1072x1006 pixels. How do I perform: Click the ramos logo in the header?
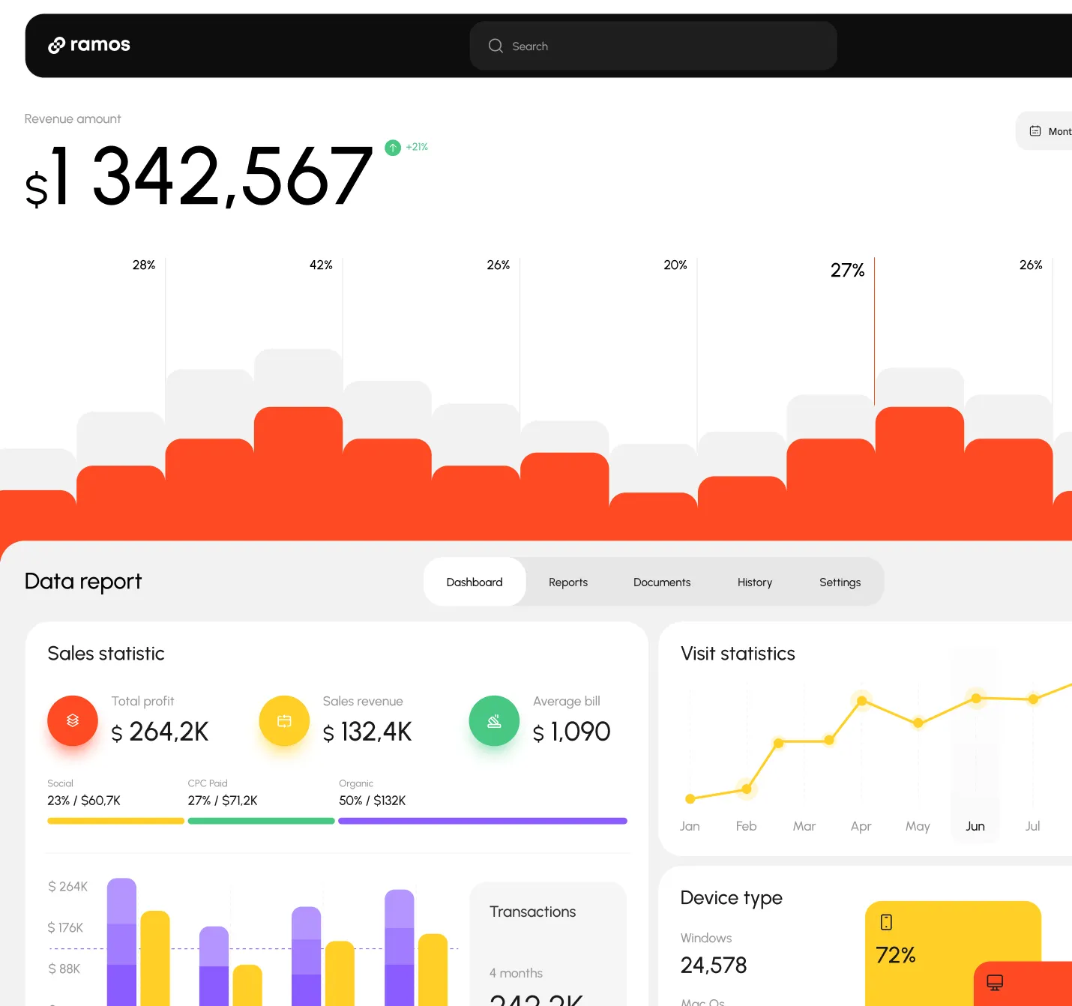[89, 45]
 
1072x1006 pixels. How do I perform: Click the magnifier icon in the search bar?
[496, 46]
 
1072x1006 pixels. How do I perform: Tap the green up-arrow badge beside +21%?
[393, 148]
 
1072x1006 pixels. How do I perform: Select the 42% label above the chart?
[321, 265]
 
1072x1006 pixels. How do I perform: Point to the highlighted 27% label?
[847, 271]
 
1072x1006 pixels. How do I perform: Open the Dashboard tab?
[475, 582]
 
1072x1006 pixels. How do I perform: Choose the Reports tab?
[568, 582]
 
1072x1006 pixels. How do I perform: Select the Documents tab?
[662, 582]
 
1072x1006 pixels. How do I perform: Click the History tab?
[754, 582]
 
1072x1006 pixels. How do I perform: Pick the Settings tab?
[840, 582]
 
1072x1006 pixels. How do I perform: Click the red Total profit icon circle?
[73, 721]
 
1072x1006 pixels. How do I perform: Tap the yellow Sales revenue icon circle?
[284, 721]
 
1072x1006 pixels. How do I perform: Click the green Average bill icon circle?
[494, 721]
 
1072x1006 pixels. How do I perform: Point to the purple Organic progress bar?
[483, 821]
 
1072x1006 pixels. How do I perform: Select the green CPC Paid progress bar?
[261, 821]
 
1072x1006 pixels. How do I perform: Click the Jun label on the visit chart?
[975, 826]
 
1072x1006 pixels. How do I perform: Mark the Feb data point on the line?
[747, 789]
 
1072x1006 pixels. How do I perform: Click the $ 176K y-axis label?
[65, 928]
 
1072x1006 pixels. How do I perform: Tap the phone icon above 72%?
[886, 922]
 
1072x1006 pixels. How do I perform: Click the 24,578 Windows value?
[714, 966]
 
